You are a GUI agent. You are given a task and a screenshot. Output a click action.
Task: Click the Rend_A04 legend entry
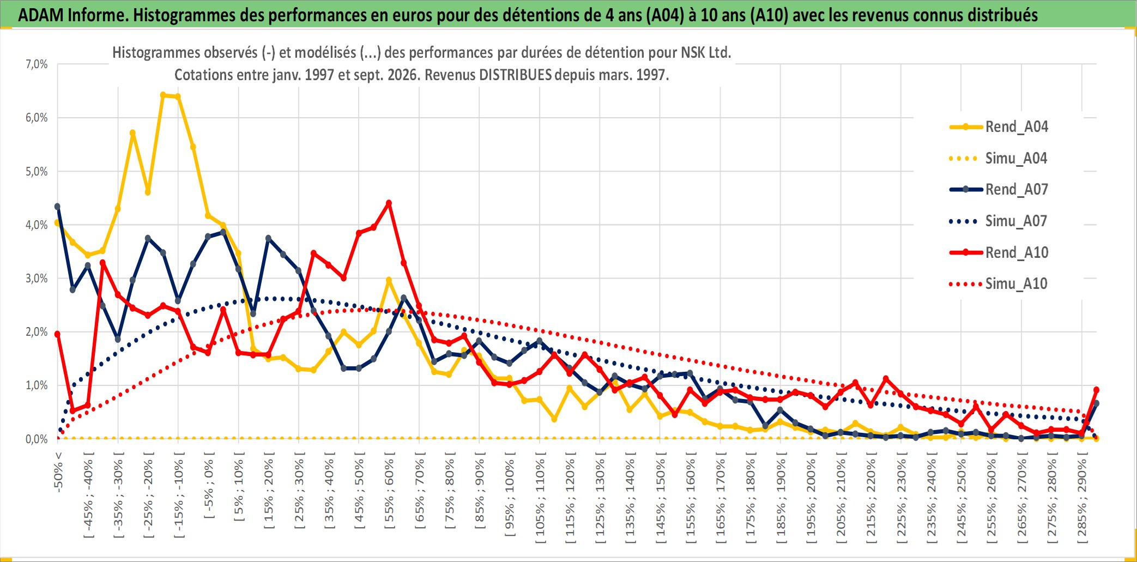point(999,127)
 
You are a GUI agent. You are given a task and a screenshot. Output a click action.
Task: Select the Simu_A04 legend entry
point(999,158)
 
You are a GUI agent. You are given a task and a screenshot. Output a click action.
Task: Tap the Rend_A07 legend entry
point(999,189)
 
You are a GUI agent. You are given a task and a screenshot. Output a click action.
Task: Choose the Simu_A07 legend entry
point(999,221)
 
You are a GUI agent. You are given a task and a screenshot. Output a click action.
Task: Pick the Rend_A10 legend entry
point(999,252)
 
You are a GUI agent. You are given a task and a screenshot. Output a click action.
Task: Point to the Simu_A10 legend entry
point(999,283)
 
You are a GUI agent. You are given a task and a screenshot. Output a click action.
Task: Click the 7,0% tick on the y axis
point(37,64)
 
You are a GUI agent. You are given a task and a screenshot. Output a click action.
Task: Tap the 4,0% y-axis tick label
point(37,225)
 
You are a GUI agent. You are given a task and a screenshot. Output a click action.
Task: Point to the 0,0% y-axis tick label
point(37,439)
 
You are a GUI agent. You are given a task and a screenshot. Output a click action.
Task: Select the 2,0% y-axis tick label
point(37,331)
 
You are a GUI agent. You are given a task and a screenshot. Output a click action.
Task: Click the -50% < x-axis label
point(58,472)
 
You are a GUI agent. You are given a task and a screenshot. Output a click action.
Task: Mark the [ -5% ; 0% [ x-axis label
point(209,486)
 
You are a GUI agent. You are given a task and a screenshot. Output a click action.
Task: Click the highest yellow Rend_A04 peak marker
point(163,95)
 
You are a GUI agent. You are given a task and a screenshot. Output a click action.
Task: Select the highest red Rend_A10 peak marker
point(389,203)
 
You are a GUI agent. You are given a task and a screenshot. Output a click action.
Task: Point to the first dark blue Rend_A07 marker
point(57,207)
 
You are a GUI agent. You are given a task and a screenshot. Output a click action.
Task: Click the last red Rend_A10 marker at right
point(1096,390)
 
